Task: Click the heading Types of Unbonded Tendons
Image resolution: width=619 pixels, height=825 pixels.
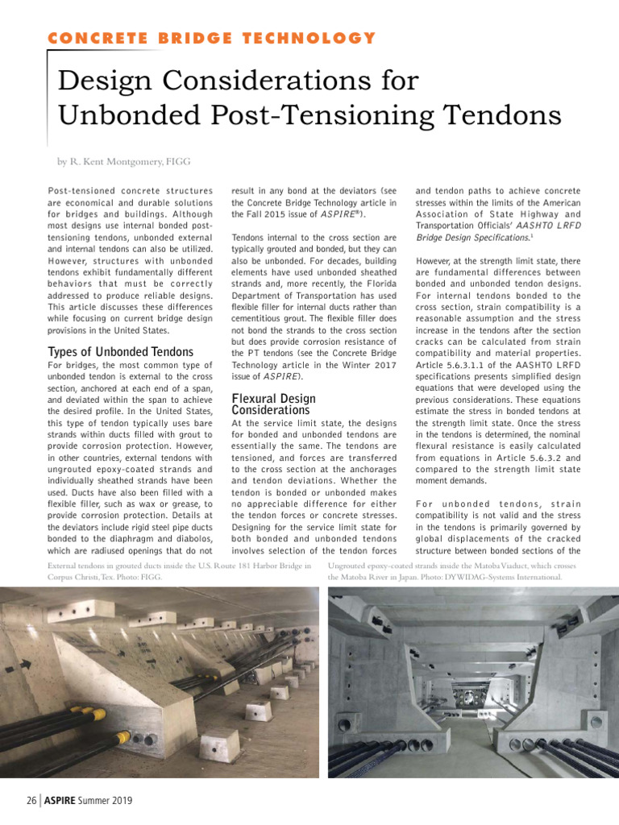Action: (x=121, y=351)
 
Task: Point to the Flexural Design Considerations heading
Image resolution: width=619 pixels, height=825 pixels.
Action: (x=273, y=404)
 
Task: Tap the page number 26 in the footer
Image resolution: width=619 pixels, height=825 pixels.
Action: (x=31, y=801)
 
